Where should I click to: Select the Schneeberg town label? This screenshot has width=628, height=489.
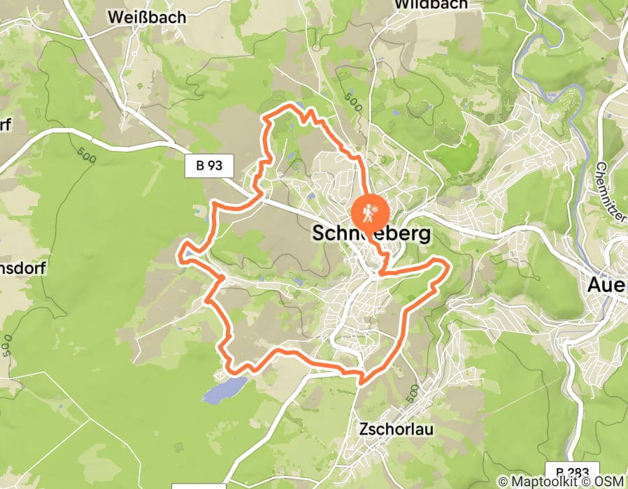(x=371, y=233)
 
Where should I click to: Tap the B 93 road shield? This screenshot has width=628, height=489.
(x=209, y=166)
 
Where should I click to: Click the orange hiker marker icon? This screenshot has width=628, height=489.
(x=369, y=210)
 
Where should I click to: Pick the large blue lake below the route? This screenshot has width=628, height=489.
(x=224, y=389)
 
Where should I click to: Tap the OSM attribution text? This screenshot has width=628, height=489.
(x=611, y=481)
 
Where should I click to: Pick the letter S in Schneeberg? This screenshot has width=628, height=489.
(x=320, y=233)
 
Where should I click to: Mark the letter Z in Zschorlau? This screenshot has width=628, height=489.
(x=362, y=428)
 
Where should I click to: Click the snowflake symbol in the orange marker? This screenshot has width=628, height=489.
(x=376, y=209)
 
